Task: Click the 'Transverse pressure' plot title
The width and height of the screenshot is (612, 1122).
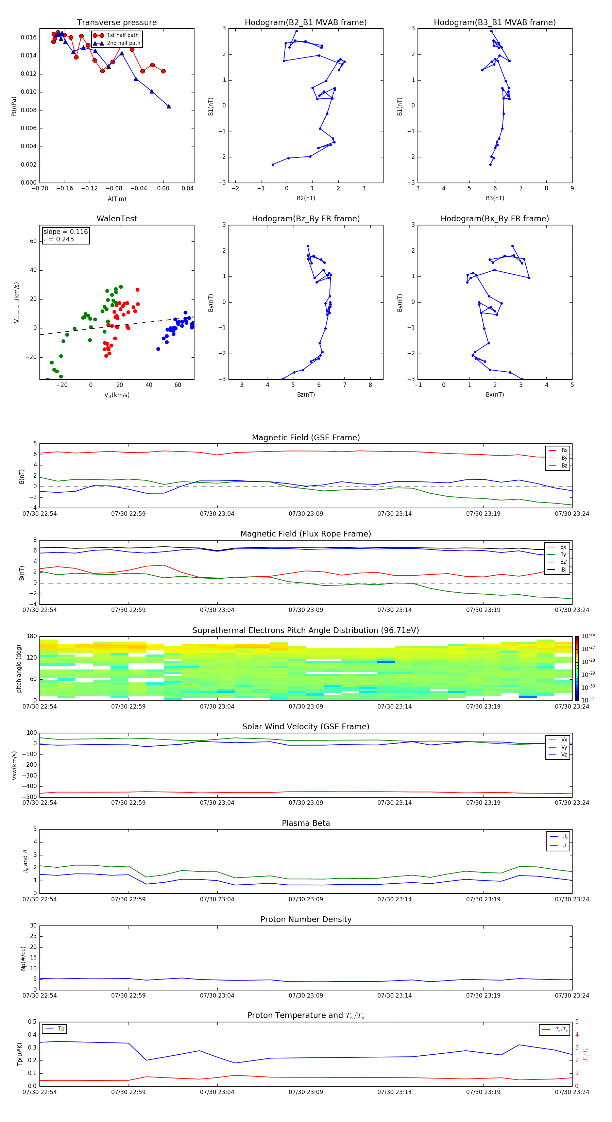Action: (117, 23)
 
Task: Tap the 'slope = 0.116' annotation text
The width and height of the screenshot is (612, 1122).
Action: (65, 232)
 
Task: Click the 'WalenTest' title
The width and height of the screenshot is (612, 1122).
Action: (117, 219)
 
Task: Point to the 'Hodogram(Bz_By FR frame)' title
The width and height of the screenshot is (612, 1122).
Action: (306, 219)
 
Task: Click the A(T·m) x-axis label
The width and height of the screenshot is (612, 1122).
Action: (117, 199)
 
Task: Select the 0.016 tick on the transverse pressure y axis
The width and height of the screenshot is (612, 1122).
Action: (29, 37)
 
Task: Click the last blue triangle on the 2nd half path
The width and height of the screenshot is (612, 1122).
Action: (169, 106)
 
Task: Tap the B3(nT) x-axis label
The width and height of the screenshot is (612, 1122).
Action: (495, 198)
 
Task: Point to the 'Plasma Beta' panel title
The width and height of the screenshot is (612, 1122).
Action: (306, 823)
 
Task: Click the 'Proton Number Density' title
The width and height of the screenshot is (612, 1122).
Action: (306, 919)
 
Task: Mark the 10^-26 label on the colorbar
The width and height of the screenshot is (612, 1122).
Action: (588, 636)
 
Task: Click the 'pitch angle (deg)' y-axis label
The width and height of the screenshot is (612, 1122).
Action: (19, 668)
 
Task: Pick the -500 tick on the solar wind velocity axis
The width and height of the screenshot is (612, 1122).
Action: (31, 797)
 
